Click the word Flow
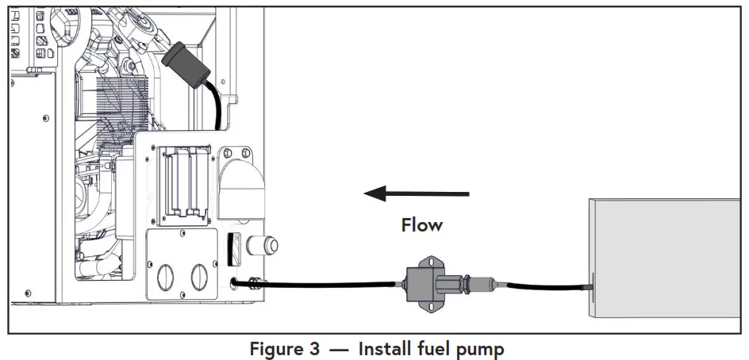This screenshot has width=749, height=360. (421, 225)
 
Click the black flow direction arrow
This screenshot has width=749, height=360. (416, 193)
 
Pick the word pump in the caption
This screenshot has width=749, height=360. (480, 348)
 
